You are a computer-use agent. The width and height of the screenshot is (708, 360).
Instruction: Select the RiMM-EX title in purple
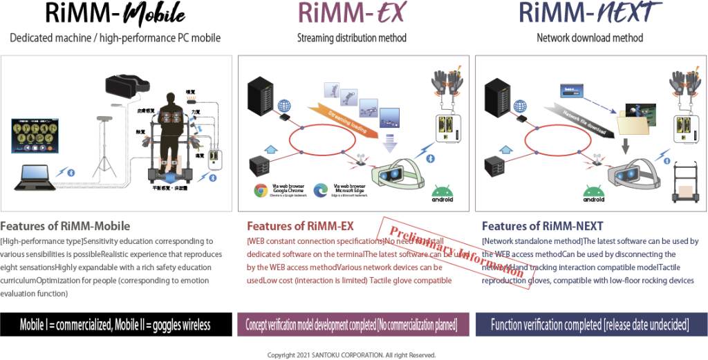(352, 12)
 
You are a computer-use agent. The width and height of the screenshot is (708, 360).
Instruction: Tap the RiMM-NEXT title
(589, 12)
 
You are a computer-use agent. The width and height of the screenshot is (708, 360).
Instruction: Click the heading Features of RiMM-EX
(300, 227)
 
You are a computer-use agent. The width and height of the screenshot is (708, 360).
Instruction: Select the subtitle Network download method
(590, 38)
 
